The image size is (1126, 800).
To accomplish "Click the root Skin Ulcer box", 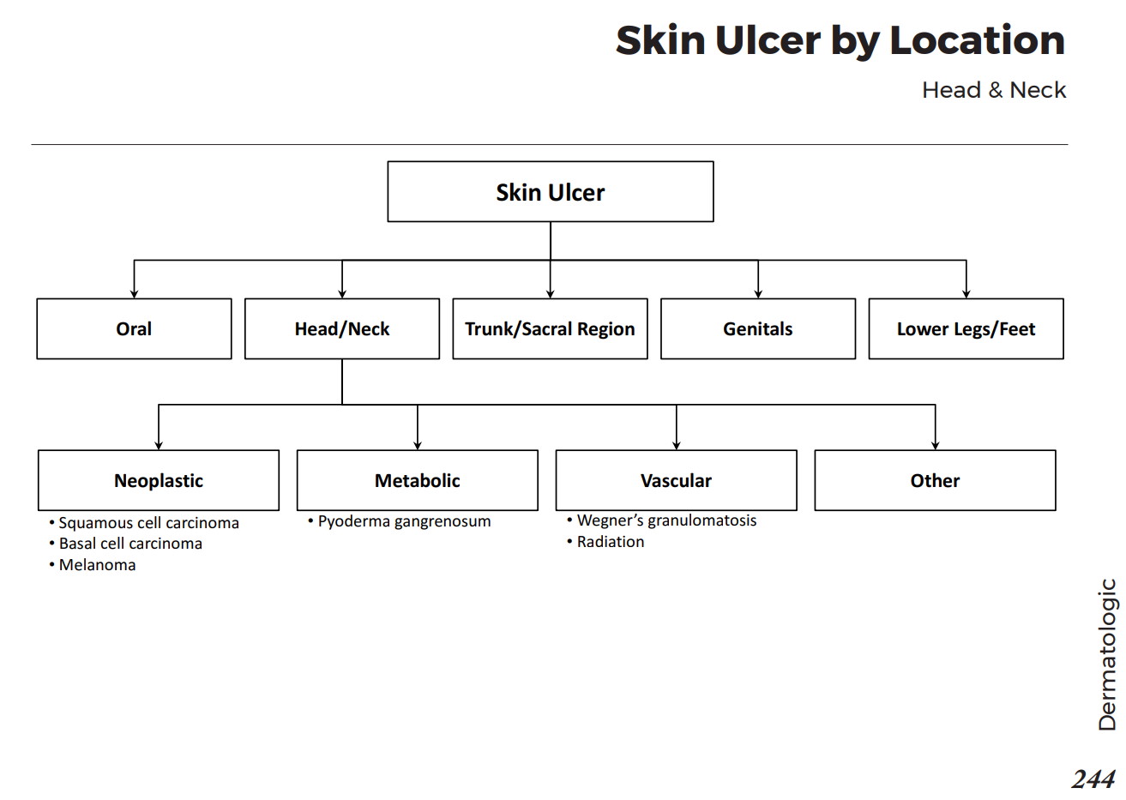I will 550,192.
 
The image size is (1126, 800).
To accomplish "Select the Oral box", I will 134,329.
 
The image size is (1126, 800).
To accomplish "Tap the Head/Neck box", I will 341,329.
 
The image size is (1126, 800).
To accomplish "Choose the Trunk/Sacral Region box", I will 550,329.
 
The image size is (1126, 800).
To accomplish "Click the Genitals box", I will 757,329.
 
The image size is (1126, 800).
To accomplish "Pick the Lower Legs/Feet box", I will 966,329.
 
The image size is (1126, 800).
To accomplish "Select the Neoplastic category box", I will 159,481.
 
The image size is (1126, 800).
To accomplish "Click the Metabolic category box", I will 417,481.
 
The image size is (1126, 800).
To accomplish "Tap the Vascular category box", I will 676,481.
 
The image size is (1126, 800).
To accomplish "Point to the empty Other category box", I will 935,481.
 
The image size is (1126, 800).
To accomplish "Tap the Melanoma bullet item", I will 97,565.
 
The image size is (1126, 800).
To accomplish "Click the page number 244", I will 1093,779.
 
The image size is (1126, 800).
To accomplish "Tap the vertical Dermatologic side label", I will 1107,654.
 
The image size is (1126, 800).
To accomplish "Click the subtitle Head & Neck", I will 993,90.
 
